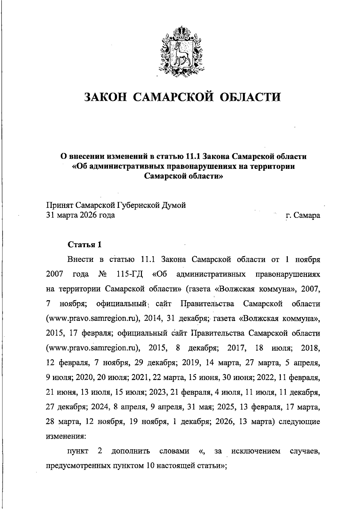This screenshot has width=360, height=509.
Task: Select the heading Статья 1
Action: point(85,244)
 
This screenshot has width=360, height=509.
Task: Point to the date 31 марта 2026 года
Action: point(80,215)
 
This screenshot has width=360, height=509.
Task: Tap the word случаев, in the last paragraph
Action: point(305,451)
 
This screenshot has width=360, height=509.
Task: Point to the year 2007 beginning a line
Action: point(55,274)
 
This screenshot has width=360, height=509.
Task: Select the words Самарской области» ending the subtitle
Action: point(184,176)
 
